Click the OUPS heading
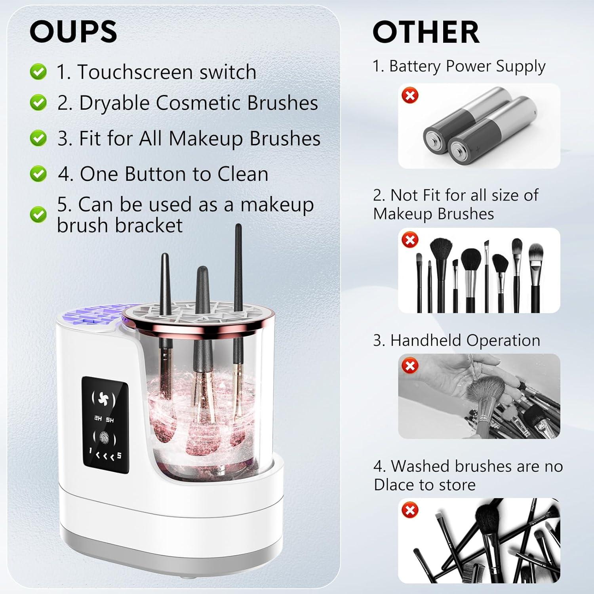(73, 32)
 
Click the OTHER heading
(426, 32)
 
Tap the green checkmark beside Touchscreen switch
(38, 72)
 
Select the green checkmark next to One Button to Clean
(38, 174)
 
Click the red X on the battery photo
(410, 95)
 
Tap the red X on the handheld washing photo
(410, 366)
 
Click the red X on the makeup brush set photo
(410, 240)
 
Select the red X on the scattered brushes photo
(410, 510)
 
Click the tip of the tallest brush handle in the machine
(238, 227)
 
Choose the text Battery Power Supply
(467, 66)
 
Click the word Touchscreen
(135, 72)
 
